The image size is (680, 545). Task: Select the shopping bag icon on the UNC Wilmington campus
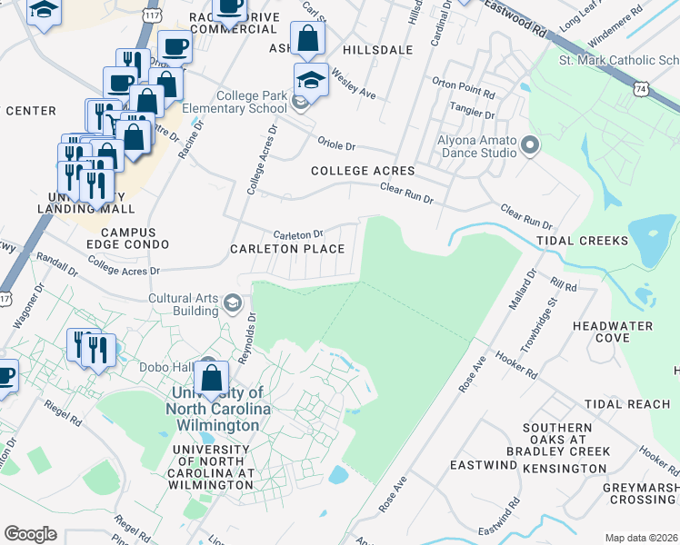(x=212, y=378)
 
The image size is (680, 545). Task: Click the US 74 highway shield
(x=641, y=89)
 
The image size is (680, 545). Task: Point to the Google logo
(x=31, y=533)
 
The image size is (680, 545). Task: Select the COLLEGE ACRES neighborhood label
(x=362, y=171)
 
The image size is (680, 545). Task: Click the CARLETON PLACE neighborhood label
(x=287, y=249)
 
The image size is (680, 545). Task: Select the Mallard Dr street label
(x=516, y=290)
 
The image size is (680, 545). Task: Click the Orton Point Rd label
(x=464, y=94)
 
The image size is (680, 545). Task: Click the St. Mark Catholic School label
(x=618, y=61)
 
